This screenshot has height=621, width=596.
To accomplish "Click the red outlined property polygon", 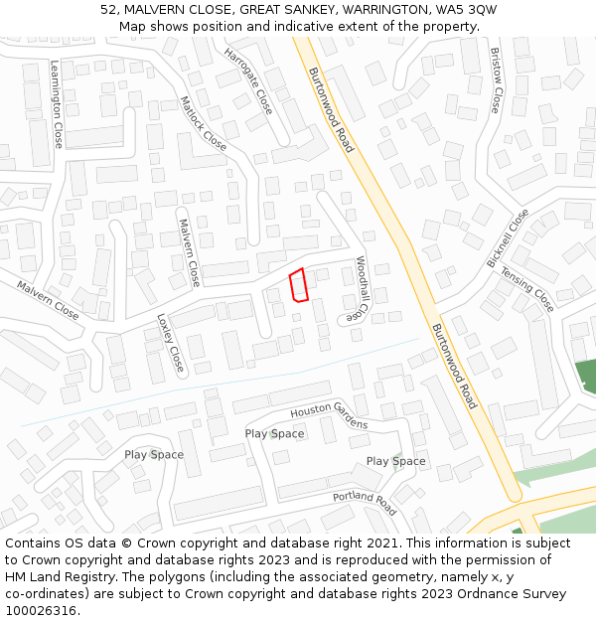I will click(x=298, y=284).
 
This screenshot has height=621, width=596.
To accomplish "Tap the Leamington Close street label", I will click(x=57, y=104).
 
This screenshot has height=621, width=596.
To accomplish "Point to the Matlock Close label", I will click(x=204, y=123).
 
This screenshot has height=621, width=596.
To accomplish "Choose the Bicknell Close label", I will click(x=508, y=237).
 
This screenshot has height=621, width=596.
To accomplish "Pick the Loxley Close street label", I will click(x=171, y=343).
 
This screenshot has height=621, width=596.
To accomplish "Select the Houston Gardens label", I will click(x=329, y=417).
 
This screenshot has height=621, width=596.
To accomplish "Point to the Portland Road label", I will click(x=365, y=503).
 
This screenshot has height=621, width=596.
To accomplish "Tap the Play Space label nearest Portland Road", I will click(x=395, y=461).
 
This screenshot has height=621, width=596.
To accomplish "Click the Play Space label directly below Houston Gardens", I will click(x=274, y=433).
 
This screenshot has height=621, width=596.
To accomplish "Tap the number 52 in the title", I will click(x=108, y=9).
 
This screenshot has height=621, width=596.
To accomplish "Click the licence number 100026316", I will click(x=41, y=611).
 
